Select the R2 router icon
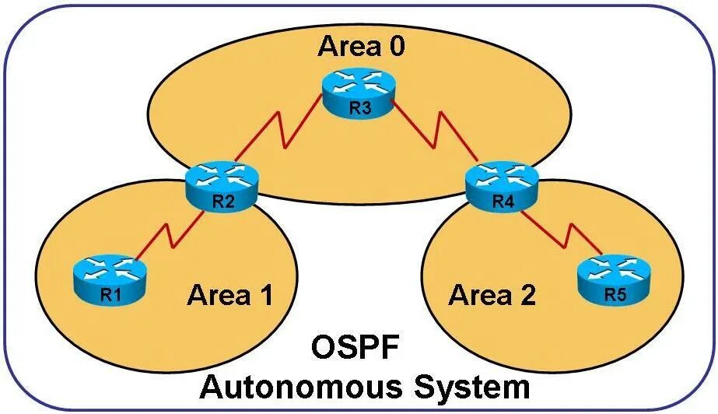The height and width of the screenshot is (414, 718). click(x=222, y=187)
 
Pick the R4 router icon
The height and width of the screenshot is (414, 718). click(x=502, y=186)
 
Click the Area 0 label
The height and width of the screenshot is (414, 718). click(x=361, y=47)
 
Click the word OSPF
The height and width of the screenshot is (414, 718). click(x=357, y=347)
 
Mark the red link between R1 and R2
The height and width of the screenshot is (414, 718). click(x=167, y=235)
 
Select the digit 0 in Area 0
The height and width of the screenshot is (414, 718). click(x=396, y=47)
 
